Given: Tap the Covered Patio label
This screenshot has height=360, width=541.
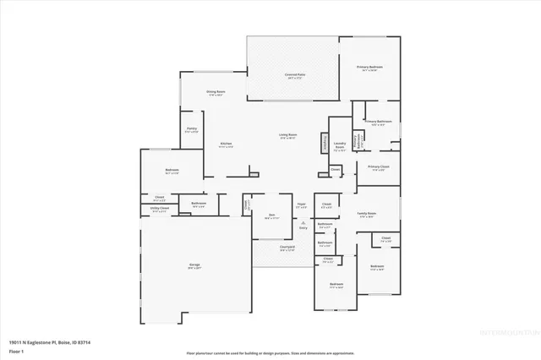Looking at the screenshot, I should pyautogui.click(x=293, y=76).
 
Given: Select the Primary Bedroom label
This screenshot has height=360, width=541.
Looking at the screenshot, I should pyautogui.click(x=369, y=67).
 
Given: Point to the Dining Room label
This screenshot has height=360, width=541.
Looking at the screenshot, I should pyautogui.click(x=216, y=92).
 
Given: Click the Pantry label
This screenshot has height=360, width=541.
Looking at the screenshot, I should pyautogui.click(x=191, y=129).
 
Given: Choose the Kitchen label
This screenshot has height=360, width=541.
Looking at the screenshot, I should pyautogui.click(x=226, y=145).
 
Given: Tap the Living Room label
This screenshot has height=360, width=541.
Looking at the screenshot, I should pyautogui.click(x=287, y=134).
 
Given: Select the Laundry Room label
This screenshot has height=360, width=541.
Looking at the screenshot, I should pyautogui.click(x=340, y=145).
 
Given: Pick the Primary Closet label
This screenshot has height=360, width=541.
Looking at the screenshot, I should pyautogui.click(x=378, y=167).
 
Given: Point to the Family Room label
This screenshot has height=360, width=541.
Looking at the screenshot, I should pyautogui.click(x=366, y=214).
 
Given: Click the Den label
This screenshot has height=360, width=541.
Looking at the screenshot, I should pyautogui.click(x=272, y=215).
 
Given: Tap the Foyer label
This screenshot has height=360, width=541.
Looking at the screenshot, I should pyautogui.click(x=301, y=205).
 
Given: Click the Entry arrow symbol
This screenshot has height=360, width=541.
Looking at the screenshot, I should pyautogui.click(x=303, y=223).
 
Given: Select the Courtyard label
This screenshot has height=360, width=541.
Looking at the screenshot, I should pyautogui.click(x=287, y=248).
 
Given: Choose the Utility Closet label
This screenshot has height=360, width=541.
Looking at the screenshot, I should pyautogui.click(x=161, y=208).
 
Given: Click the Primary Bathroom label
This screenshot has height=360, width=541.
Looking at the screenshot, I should pyautogui.click(x=377, y=123).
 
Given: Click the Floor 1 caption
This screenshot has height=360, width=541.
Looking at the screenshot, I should pyautogui.click(x=16, y=351).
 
